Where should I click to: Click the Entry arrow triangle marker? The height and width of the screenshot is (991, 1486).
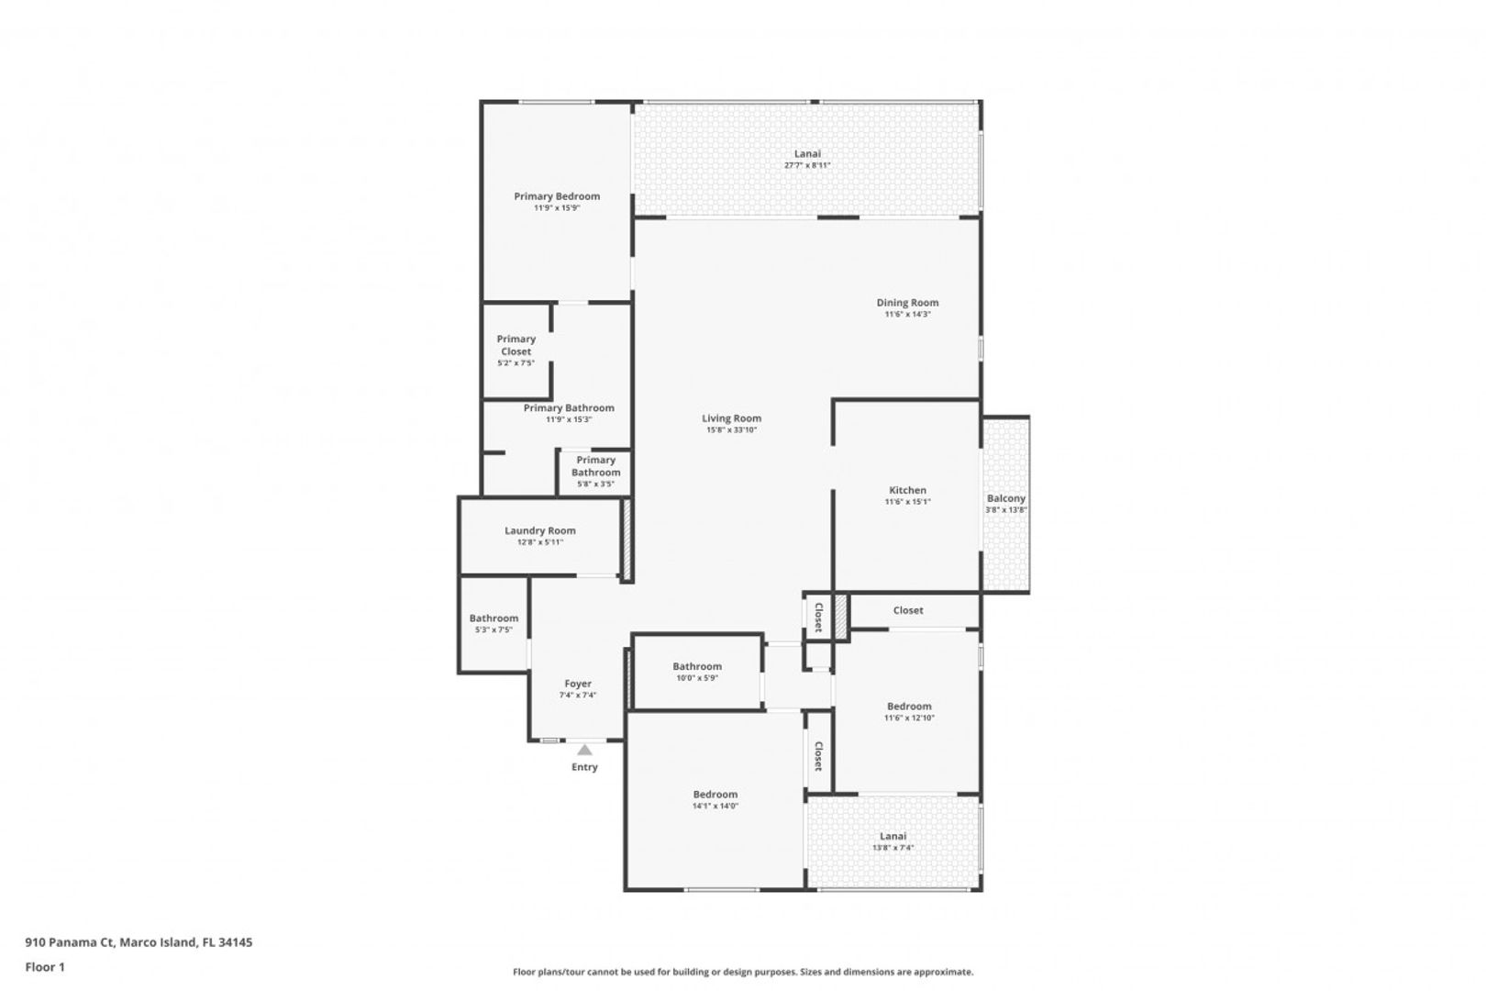(584, 750)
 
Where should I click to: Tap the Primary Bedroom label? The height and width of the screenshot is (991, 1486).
(558, 196)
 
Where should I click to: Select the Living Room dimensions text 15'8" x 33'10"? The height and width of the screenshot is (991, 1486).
(732, 430)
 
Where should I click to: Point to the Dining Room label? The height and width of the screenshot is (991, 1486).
(907, 303)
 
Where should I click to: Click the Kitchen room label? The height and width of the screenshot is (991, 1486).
(907, 491)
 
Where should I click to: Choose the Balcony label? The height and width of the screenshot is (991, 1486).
(1006, 498)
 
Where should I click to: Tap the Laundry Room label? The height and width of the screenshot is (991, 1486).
(540, 531)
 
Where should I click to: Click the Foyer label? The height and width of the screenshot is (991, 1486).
(578, 684)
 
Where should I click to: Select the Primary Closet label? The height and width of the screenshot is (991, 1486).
(516, 345)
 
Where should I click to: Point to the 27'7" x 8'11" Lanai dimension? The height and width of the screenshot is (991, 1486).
(807, 165)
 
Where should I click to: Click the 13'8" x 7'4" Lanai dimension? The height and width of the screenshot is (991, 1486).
(893, 848)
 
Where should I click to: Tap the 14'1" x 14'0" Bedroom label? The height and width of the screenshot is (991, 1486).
(715, 795)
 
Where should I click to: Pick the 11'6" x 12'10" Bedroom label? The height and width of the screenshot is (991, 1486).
(910, 707)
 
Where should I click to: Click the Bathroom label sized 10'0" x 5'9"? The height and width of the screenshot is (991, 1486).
(697, 666)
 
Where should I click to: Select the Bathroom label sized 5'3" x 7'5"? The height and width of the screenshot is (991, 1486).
(494, 618)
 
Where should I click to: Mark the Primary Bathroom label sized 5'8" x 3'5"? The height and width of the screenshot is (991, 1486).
(595, 466)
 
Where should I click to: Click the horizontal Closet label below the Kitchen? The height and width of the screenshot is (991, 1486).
(908, 610)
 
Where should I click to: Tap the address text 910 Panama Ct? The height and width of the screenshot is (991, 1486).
(70, 941)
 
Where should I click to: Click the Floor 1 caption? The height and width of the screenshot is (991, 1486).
(45, 967)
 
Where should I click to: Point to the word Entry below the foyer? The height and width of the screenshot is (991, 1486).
(584, 767)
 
